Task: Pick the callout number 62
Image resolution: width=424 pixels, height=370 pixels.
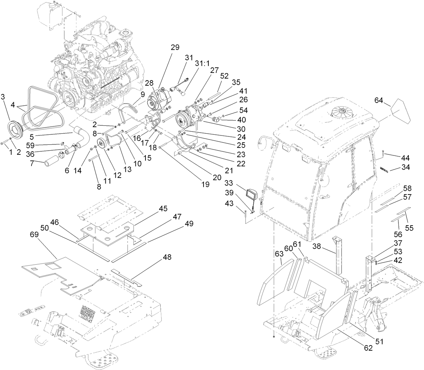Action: pyautogui.click(x=368, y=348)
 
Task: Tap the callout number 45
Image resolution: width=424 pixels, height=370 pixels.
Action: pyautogui.click(x=163, y=208)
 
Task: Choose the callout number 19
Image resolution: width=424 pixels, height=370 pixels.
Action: pyautogui.click(x=206, y=184)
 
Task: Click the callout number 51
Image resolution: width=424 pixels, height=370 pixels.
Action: pyautogui.click(x=379, y=341)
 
